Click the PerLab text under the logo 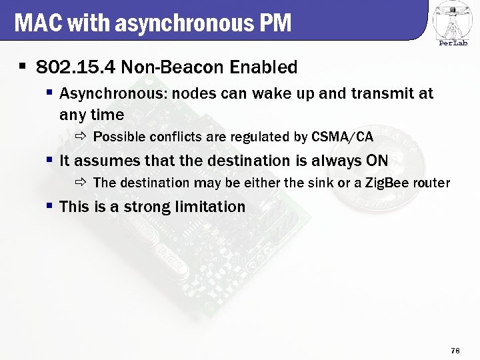coord(453,44)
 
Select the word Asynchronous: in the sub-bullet coord(113,93)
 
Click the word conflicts coord(175,137)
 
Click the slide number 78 coord(456,350)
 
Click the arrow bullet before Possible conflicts coord(81,137)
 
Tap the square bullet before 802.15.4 coord(22,67)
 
